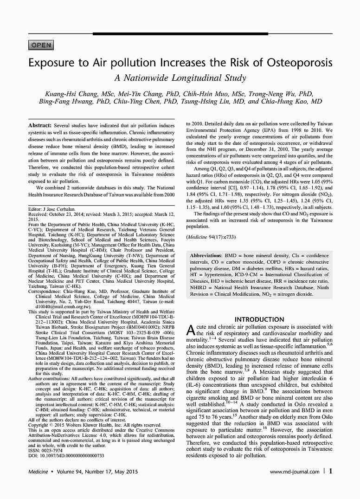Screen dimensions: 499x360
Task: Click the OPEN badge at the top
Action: (x=41, y=45)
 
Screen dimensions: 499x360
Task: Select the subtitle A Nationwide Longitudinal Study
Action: (x=180, y=78)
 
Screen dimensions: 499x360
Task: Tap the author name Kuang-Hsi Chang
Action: (x=74, y=94)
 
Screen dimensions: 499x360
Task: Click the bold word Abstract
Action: (x=39, y=126)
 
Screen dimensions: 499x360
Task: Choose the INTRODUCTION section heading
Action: (x=259, y=319)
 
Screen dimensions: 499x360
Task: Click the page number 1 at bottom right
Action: (x=330, y=471)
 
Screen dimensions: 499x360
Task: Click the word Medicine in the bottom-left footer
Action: (x=39, y=472)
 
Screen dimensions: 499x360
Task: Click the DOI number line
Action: (x=66, y=455)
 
